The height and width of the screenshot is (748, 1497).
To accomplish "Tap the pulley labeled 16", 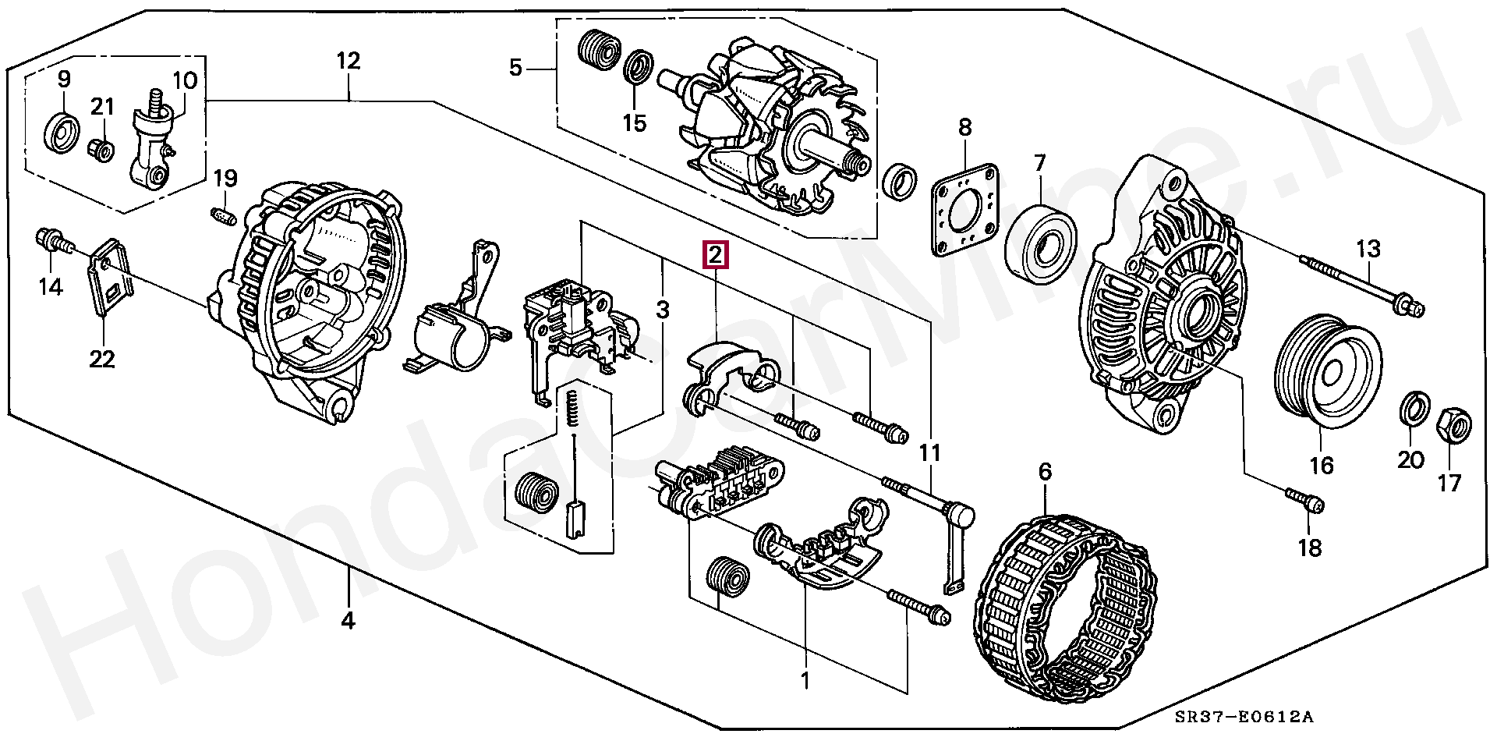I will tap(1327, 371).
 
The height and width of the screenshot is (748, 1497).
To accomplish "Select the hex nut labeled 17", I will tap(1453, 425).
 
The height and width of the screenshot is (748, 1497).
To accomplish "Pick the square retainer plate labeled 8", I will tap(965, 209).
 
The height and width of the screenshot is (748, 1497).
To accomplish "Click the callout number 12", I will tap(348, 61).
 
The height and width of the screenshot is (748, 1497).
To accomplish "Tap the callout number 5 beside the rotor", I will tap(515, 68).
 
